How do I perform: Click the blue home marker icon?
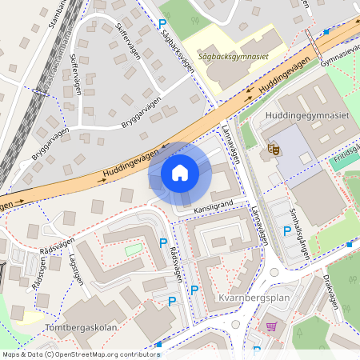pos(180,173)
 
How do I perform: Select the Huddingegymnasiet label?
pos(305,117)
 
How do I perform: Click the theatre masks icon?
pos(274,148)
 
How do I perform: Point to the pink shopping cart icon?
pos(271,326)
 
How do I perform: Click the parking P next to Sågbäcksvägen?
pos(163,26)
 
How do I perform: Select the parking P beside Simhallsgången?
pos(287,232)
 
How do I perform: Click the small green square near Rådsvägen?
pos(133,250)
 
